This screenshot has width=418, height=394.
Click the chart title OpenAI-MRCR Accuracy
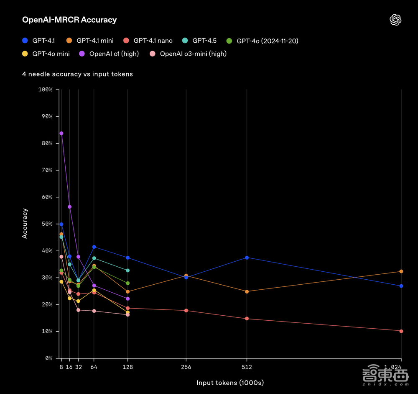(x=69, y=20)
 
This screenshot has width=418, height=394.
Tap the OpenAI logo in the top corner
(x=395, y=20)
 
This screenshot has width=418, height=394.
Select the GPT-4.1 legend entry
(x=41, y=41)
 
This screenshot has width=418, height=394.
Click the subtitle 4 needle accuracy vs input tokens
(x=77, y=74)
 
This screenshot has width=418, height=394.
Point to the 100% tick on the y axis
(x=45, y=90)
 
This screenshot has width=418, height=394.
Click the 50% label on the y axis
(x=46, y=224)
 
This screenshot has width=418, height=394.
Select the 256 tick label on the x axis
(x=186, y=367)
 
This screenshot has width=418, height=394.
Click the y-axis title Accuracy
(x=25, y=224)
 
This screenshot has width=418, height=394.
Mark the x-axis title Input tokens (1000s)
(x=230, y=383)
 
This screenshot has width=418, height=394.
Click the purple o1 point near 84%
(x=61, y=133)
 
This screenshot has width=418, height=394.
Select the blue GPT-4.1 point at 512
(x=247, y=258)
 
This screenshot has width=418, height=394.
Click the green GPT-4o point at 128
(x=128, y=283)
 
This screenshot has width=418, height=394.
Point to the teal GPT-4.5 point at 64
(x=94, y=258)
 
